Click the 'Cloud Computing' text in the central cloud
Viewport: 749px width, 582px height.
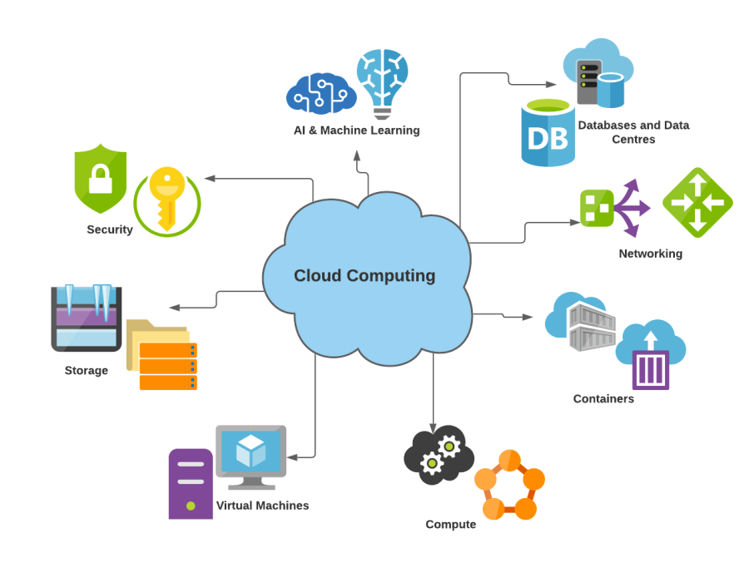pyautogui.click(x=365, y=276)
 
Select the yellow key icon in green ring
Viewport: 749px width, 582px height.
pyautogui.click(x=167, y=201)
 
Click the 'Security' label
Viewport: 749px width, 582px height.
pyautogui.click(x=110, y=229)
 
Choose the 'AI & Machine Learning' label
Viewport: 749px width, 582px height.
pyautogui.click(x=356, y=131)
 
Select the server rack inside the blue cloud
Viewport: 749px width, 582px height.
pyautogui.click(x=589, y=81)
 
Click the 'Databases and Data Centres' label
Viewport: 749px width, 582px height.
pyautogui.click(x=633, y=132)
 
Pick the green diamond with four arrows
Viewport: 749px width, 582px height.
pyautogui.click(x=697, y=203)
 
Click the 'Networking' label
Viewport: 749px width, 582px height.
pyautogui.click(x=650, y=254)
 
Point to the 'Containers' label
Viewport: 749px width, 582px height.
pyautogui.click(x=603, y=399)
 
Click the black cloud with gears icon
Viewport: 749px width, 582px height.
pyautogui.click(x=439, y=453)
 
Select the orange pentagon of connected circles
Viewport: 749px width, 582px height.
pyautogui.click(x=509, y=486)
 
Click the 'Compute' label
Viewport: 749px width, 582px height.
pyautogui.click(x=450, y=525)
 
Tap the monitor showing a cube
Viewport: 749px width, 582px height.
pyautogui.click(x=250, y=455)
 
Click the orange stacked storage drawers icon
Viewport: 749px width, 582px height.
pyautogui.click(x=168, y=366)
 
